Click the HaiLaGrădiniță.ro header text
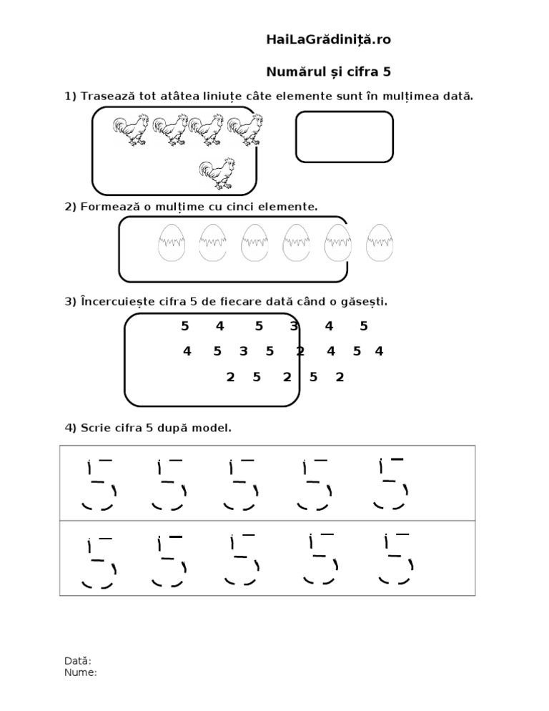[328, 40]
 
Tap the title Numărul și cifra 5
[328, 72]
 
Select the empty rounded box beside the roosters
[345, 137]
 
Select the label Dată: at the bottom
[78, 662]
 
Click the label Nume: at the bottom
[80, 672]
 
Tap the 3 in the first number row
[294, 327]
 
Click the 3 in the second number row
[243, 351]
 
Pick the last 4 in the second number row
[379, 351]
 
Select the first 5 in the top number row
[185, 327]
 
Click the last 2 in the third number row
[340, 377]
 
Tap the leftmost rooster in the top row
[131, 129]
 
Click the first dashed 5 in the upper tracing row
[97, 484]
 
